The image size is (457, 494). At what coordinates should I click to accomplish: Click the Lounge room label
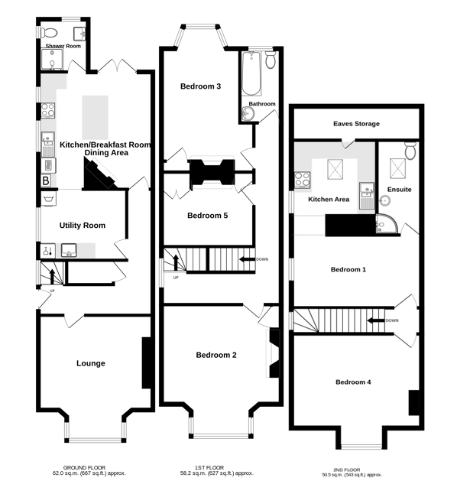(x=91, y=363)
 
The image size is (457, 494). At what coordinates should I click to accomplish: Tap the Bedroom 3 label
(x=201, y=86)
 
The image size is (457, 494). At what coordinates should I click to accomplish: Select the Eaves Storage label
(x=356, y=124)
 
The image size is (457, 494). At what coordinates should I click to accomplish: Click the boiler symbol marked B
(x=46, y=180)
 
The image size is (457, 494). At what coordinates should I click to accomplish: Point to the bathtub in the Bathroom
(x=251, y=73)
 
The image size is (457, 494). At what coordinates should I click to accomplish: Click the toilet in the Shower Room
(x=50, y=32)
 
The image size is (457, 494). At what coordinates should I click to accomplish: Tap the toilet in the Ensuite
(x=410, y=151)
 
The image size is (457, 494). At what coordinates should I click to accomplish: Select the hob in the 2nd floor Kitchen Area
(x=303, y=180)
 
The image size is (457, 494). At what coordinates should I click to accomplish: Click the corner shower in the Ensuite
(x=387, y=224)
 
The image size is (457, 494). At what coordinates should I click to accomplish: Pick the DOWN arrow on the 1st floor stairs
(x=248, y=259)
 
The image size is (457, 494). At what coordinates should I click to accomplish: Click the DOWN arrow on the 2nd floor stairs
(x=376, y=320)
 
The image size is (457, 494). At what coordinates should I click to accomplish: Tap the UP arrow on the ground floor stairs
(x=52, y=276)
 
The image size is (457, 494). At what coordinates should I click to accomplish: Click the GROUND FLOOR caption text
(x=84, y=467)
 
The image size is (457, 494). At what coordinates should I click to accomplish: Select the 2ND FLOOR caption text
(x=346, y=470)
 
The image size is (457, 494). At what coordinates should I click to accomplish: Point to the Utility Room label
(x=83, y=226)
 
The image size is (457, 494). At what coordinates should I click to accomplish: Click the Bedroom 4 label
(x=353, y=382)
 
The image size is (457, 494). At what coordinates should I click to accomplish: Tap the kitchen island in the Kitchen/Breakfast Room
(x=95, y=118)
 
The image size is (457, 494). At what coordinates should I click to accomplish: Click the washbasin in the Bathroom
(x=248, y=113)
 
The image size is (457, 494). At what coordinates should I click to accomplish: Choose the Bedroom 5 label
(x=208, y=216)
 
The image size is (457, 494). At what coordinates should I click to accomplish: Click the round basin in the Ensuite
(x=384, y=200)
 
